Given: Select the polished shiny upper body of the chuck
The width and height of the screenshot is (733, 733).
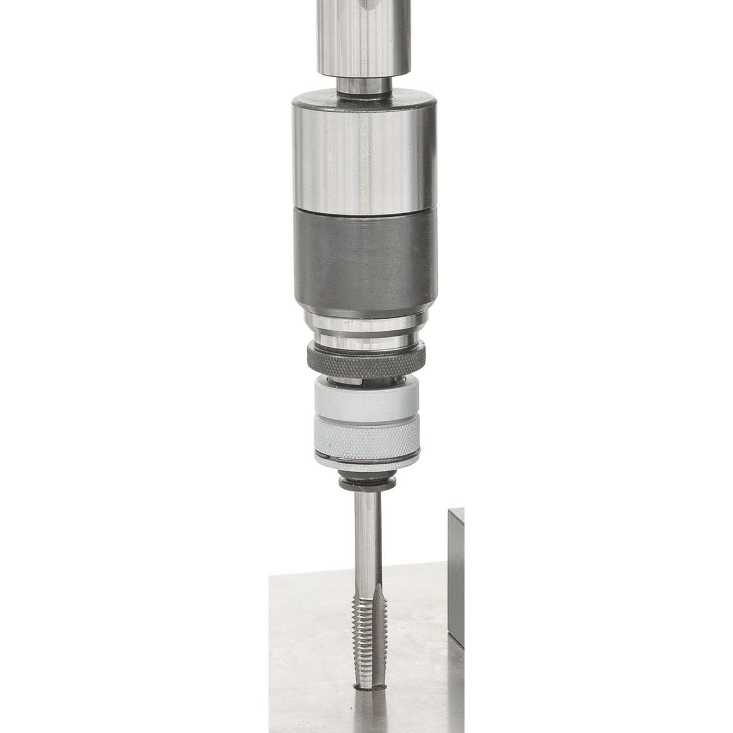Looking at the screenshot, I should [x=362, y=157].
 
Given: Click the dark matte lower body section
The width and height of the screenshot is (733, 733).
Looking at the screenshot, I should [x=362, y=254].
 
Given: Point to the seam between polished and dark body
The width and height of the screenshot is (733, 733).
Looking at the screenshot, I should [x=362, y=208].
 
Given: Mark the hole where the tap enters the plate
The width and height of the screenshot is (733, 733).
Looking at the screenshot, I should [x=370, y=686].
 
